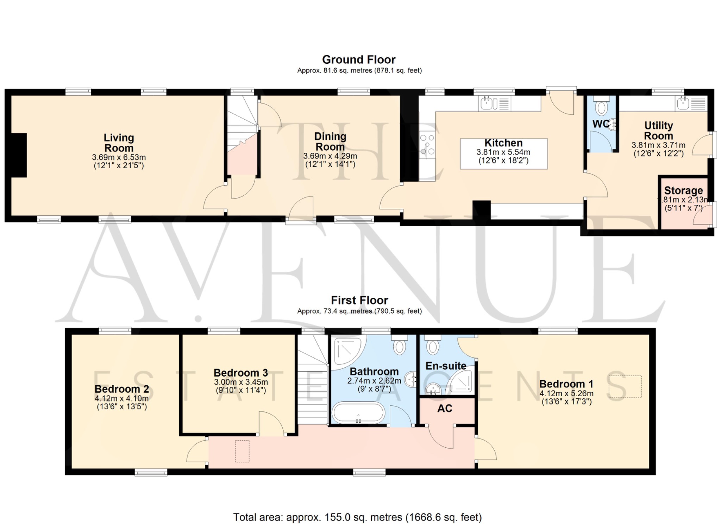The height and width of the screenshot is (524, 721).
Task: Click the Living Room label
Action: [x=119, y=143]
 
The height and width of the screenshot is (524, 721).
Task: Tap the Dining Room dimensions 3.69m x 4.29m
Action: [x=330, y=156]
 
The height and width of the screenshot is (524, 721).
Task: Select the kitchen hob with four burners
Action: [x=427, y=145]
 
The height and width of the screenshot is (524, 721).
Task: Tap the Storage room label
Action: [x=683, y=190]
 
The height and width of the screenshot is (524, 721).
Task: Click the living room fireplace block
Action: [x=19, y=155]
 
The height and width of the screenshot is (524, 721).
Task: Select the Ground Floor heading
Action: [x=359, y=59]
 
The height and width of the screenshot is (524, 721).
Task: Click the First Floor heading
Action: [x=359, y=300]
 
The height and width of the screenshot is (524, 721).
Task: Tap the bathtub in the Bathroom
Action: [x=358, y=413]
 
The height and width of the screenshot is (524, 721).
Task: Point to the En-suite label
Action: [x=446, y=366]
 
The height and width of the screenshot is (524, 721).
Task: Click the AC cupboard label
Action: [x=445, y=409]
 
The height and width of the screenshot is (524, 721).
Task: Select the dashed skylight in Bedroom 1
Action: [x=625, y=387]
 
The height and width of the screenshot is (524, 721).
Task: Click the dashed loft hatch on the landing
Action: [x=242, y=451]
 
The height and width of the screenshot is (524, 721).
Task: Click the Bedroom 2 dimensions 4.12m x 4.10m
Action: [x=121, y=399]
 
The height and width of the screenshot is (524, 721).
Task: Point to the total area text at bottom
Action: [x=357, y=517]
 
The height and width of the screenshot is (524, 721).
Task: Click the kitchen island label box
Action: [x=503, y=154]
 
